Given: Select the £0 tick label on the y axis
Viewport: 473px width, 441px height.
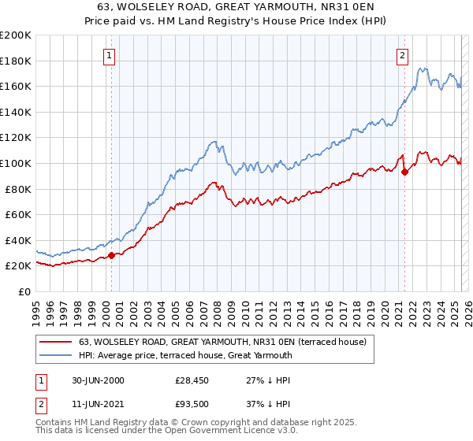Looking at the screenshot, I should [x=24, y=291].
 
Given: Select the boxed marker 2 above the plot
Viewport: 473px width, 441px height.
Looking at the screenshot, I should [x=402, y=55].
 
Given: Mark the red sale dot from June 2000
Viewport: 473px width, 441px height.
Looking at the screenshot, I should [x=112, y=254].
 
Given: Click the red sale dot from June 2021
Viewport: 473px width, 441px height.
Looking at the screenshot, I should [x=404, y=172].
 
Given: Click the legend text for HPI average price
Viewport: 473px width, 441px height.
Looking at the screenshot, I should [x=185, y=355].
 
